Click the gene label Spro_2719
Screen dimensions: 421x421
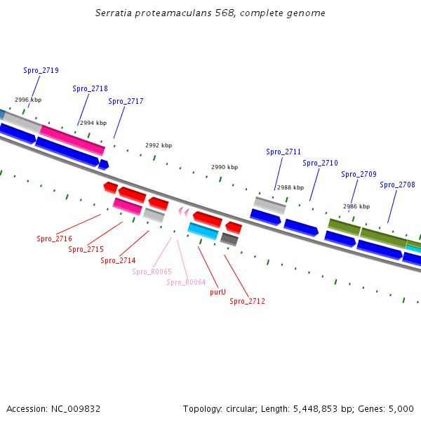point(41,70)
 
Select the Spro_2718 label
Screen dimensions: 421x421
point(90,88)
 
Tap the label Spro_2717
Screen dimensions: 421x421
point(126,101)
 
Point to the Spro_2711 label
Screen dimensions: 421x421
point(283,152)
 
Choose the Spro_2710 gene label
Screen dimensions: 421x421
point(320,163)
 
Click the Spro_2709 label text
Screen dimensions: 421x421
point(359,174)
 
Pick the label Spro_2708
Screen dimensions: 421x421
point(397,185)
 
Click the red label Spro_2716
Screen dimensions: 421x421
point(54,239)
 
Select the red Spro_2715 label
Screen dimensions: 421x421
point(86,249)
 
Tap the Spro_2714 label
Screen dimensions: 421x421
point(118,260)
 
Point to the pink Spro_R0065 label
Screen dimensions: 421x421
point(152,272)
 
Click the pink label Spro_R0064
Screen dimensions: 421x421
point(186,282)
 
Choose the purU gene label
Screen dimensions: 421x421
point(218,292)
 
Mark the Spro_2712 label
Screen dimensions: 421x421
point(247,301)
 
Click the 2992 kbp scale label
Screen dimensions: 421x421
point(159,145)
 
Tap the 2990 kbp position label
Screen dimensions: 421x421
point(225,167)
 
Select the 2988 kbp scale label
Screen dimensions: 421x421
point(290,187)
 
